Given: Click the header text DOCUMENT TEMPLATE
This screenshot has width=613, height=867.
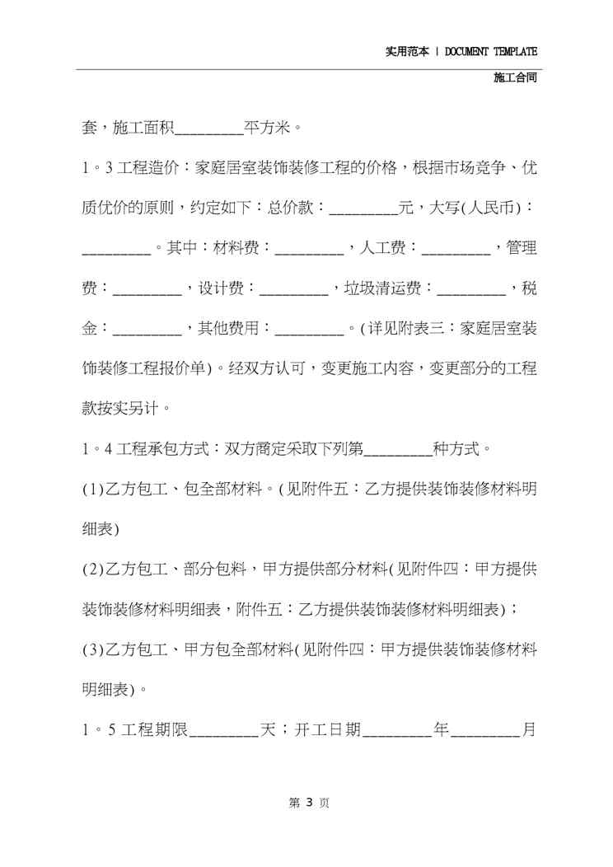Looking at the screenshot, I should (x=491, y=51).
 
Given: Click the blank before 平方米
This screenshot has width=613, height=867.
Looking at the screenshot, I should (x=209, y=129).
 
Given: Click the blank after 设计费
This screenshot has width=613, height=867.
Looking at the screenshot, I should (x=293, y=289).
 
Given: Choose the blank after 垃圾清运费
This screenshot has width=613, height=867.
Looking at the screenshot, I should (x=471, y=289).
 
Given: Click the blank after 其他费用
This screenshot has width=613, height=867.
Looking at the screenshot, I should (x=309, y=330).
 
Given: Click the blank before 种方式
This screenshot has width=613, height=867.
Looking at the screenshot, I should (x=397, y=450).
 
